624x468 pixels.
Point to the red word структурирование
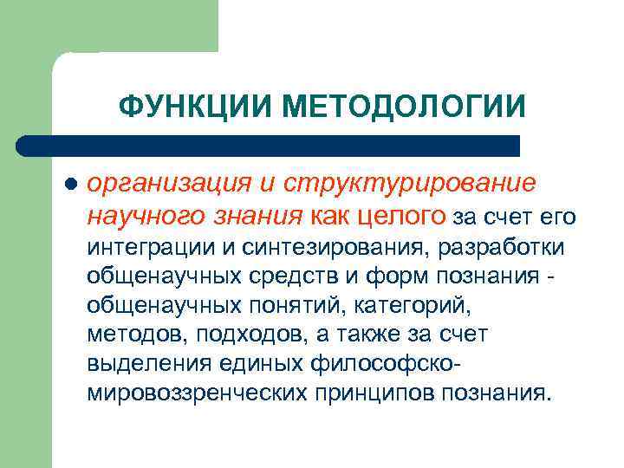coord(415,185)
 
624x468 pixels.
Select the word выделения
coord(146,363)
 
